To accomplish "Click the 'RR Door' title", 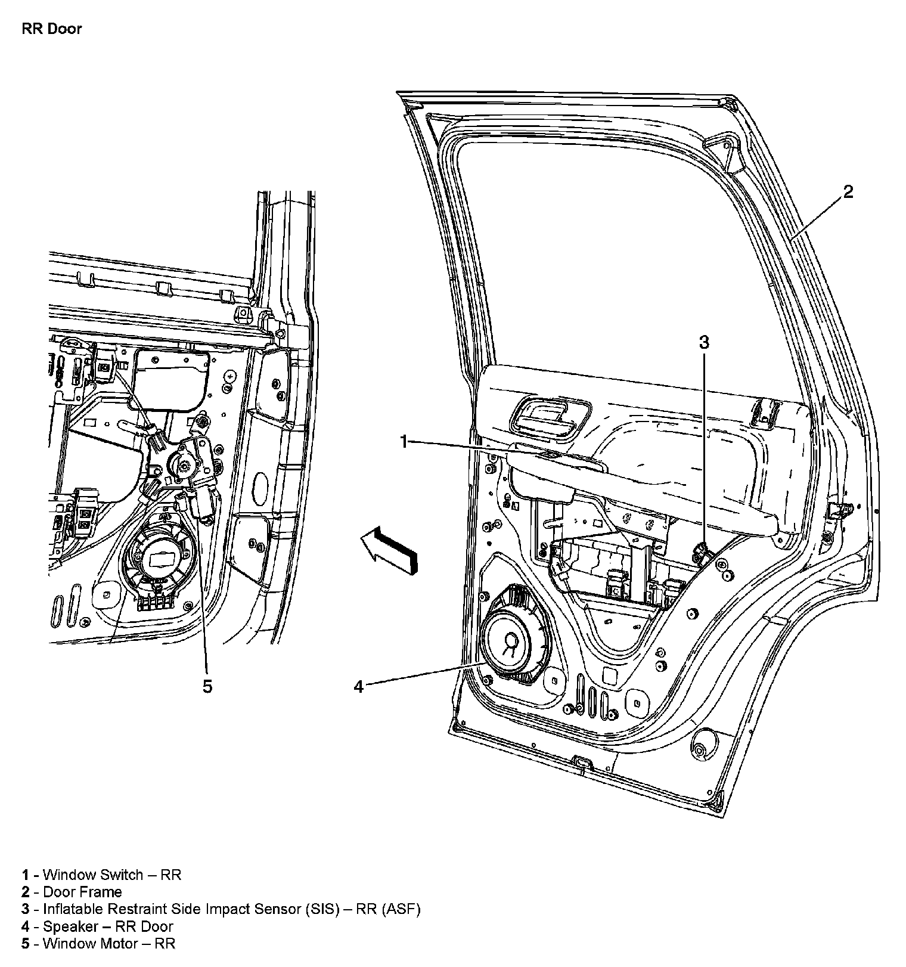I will (x=51, y=29).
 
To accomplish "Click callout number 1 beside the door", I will (x=404, y=442).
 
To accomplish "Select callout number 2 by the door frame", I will (x=848, y=192).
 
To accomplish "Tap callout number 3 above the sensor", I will (x=704, y=342).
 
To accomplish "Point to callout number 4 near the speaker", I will (x=358, y=687).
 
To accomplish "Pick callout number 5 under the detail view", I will (x=207, y=687).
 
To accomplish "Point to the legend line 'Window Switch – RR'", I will (x=101, y=875).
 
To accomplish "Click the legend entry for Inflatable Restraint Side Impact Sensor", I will (x=221, y=909).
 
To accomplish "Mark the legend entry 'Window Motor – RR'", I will (x=99, y=943).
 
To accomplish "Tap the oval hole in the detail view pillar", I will (x=260, y=489).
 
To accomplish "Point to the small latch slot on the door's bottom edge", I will (x=579, y=762).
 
